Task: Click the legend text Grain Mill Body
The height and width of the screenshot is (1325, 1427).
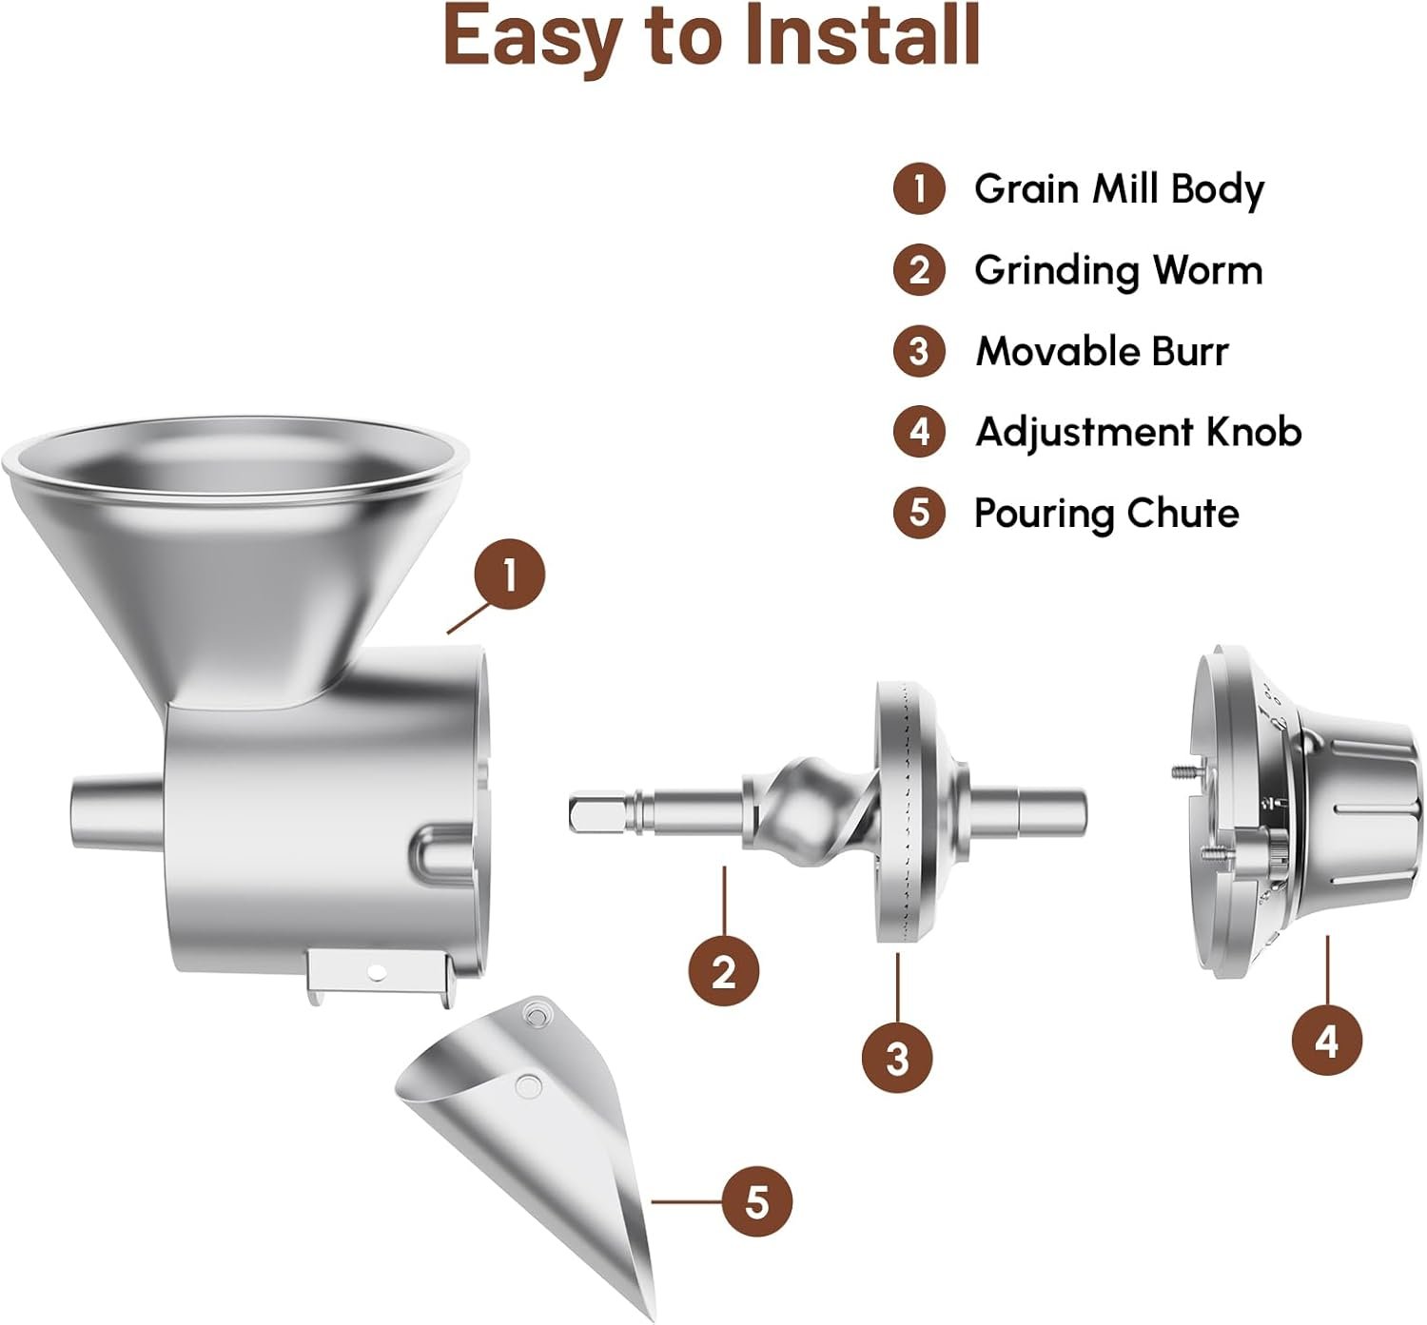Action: pyautogui.click(x=1119, y=189)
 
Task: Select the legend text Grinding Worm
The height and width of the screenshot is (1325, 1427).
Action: pyautogui.click(x=1118, y=271)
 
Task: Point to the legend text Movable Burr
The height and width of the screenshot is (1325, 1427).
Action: pyautogui.click(x=1102, y=352)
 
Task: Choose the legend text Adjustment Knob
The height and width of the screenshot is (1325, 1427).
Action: pyautogui.click(x=1138, y=433)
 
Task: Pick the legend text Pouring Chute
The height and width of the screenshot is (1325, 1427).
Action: pyautogui.click(x=1106, y=514)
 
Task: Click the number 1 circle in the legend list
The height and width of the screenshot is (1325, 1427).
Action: pyautogui.click(x=919, y=189)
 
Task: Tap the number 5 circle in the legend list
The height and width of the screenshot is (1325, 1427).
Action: pyautogui.click(x=919, y=513)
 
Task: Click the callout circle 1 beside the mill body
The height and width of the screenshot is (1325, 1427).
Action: pyautogui.click(x=509, y=575)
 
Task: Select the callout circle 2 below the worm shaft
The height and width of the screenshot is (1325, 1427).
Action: pyautogui.click(x=724, y=971)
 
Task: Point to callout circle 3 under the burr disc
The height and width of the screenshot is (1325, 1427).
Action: pyautogui.click(x=897, y=1057)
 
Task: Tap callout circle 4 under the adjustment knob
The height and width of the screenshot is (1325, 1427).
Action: pyautogui.click(x=1326, y=1040)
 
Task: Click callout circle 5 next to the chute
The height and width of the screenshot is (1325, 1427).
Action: pyautogui.click(x=756, y=1200)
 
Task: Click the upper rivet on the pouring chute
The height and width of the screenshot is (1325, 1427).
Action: pyautogui.click(x=536, y=1015)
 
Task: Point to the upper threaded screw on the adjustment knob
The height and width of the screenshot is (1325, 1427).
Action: pyautogui.click(x=1184, y=772)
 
